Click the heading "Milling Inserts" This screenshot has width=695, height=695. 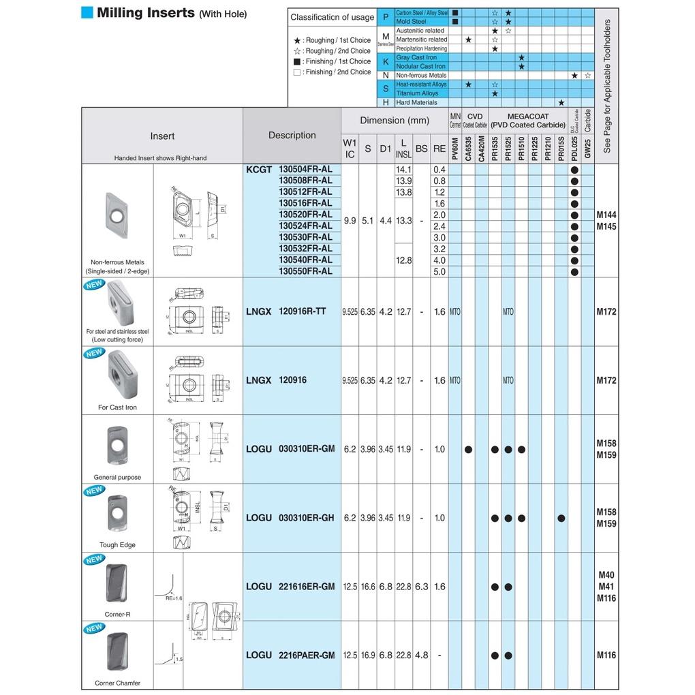(145, 13)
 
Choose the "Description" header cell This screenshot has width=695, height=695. (292, 135)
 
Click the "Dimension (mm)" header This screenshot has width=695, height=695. (395, 121)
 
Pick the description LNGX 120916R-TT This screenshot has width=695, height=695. (286, 311)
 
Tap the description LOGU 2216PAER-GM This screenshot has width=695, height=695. (290, 655)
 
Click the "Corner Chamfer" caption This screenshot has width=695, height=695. (118, 683)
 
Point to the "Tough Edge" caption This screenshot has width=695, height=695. (118, 545)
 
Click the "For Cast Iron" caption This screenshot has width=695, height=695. (118, 407)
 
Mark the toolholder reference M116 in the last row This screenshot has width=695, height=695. (606, 655)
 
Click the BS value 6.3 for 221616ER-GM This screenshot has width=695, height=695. (422, 587)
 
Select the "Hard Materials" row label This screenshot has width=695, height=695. (416, 102)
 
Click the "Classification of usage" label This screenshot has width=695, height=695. (332, 17)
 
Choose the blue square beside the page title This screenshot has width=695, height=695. (87, 13)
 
